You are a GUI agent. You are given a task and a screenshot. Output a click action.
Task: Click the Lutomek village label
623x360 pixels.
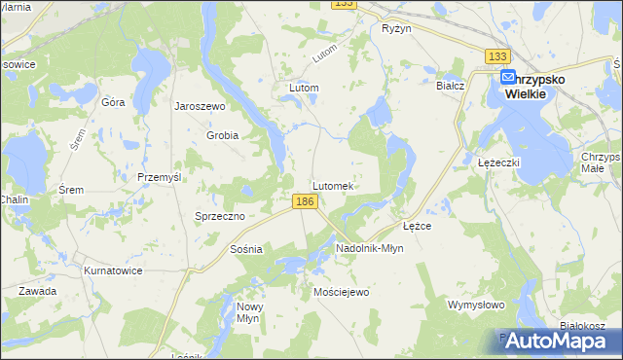tap(337, 185)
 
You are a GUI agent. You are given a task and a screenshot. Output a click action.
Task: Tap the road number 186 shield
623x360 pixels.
tap(305, 201)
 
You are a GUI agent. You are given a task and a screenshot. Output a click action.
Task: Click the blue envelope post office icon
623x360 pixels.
tap(508, 78)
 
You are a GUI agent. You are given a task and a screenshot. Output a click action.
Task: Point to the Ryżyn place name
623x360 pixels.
tap(397, 28)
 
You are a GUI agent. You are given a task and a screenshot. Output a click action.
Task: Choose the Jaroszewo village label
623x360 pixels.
tap(200, 106)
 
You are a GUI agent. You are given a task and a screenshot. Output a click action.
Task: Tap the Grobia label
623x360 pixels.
tap(222, 135)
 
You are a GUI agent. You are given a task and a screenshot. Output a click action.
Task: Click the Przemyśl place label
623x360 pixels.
tap(161, 177)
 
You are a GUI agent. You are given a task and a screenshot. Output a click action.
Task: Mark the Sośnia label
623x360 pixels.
tap(247, 249)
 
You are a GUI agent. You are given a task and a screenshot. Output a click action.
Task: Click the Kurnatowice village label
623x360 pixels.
tap(114, 270)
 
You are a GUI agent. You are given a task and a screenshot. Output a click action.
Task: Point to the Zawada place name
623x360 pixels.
tap(36, 291)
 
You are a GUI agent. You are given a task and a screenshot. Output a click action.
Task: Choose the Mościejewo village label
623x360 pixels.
tap(342, 292)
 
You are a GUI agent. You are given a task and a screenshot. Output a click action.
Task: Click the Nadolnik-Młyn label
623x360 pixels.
tap(369, 248)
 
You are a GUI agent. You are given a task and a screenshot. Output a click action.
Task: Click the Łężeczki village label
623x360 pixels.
tap(500, 162)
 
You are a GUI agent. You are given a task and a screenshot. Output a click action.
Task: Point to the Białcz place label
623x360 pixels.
tap(451, 86)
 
